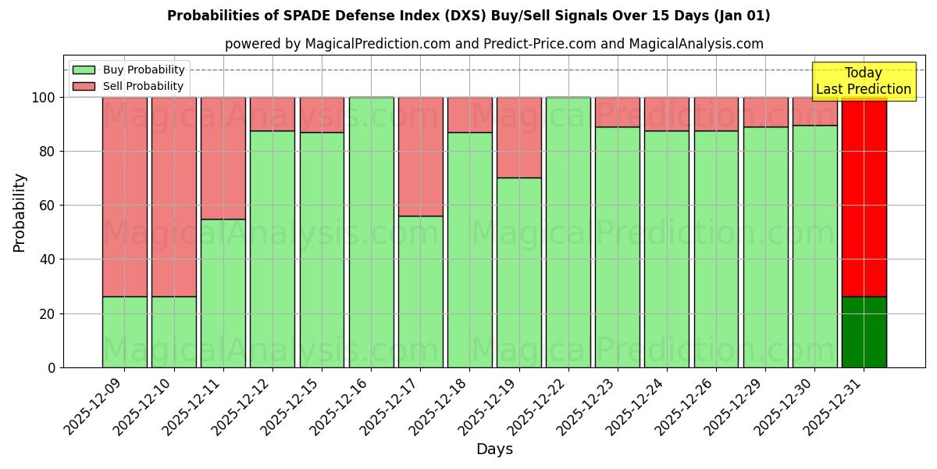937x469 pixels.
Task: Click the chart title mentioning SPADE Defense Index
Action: click(468, 16)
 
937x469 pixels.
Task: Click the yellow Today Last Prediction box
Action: click(863, 81)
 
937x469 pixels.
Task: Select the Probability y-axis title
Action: click(20, 213)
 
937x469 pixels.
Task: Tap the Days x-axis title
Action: click(494, 449)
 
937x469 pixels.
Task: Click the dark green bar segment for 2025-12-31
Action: click(864, 332)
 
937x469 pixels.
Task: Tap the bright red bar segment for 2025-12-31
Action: click(864, 195)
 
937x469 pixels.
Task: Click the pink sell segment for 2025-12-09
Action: click(124, 195)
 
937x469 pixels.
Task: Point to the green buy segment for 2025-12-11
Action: click(223, 293)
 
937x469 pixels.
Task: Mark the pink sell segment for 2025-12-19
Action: click(518, 138)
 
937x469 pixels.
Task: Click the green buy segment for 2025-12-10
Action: click(173, 332)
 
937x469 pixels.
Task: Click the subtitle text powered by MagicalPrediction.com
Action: click(494, 44)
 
